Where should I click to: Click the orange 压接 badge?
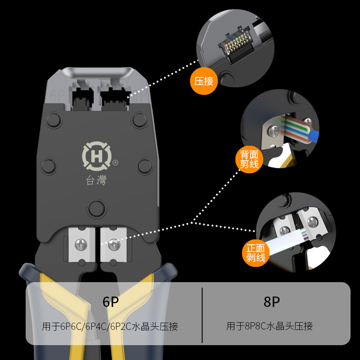tap(204, 81)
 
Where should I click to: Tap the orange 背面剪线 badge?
tap(249, 159)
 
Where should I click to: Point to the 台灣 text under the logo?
tap(96, 181)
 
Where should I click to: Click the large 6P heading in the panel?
tap(110, 302)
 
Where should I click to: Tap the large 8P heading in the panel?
tap(271, 302)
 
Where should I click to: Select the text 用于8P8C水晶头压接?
tap(270, 326)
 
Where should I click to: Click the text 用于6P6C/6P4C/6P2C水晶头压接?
tap(110, 326)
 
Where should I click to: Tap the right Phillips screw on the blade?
tap(113, 244)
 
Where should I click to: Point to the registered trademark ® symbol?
tap(115, 162)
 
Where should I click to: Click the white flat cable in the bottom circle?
tap(283, 243)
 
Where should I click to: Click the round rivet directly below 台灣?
tap(96, 208)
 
